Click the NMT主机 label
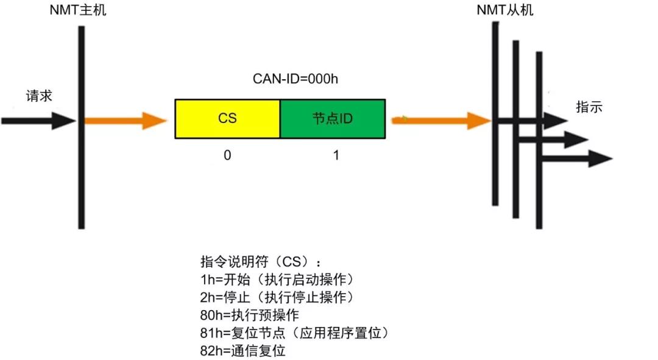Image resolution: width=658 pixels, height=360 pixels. (78, 10)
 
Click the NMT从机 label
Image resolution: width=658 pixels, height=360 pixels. (504, 10)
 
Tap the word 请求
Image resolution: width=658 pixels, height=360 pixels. (39, 96)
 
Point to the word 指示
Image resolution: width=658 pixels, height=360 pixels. (589, 107)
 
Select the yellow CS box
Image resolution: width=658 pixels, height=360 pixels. (227, 118)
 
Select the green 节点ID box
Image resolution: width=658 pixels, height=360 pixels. (333, 118)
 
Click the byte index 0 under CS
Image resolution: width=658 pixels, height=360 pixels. (227, 155)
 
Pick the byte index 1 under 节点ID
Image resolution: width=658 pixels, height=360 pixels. (336, 155)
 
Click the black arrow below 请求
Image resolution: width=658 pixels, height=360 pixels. (37, 120)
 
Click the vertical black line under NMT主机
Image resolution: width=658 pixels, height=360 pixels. (81, 171)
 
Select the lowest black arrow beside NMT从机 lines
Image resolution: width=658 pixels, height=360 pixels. (576, 160)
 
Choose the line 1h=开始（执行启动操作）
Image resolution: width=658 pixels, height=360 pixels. (277, 280)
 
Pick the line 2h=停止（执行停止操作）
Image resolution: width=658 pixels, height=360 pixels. (277, 297)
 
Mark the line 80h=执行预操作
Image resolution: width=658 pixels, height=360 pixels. (250, 316)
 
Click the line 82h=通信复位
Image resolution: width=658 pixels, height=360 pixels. (242, 351)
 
